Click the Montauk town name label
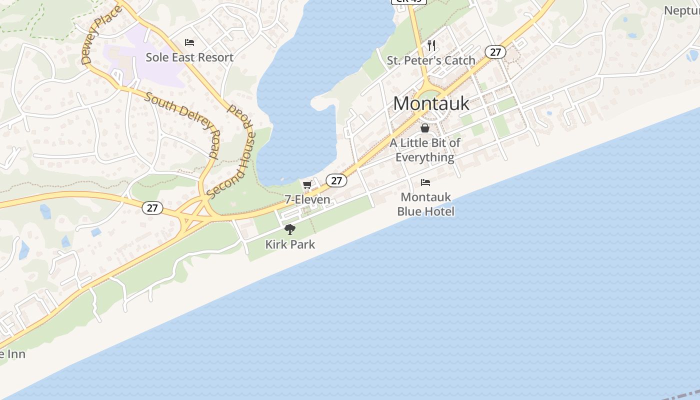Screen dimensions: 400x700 click(431, 103)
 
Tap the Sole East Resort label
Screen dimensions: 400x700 click(189, 57)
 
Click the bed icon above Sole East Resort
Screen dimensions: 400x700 click(189, 42)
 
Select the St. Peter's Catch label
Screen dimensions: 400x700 click(431, 60)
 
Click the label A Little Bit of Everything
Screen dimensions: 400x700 click(425, 150)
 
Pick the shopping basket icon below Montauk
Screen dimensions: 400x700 click(425, 128)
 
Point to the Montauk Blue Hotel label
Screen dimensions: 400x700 click(425, 204)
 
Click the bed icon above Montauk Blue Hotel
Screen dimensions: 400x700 click(425, 182)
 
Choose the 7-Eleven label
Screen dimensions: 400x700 click(307, 199)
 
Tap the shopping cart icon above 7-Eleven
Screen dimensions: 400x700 click(307, 185)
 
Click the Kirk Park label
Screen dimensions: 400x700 click(290, 244)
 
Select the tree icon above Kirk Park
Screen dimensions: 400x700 click(290, 230)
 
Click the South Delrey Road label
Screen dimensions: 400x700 click(182, 125)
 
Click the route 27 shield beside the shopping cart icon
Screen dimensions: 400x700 click(336, 180)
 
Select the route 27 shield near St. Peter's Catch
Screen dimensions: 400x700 click(495, 52)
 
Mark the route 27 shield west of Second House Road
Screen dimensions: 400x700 click(152, 208)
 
